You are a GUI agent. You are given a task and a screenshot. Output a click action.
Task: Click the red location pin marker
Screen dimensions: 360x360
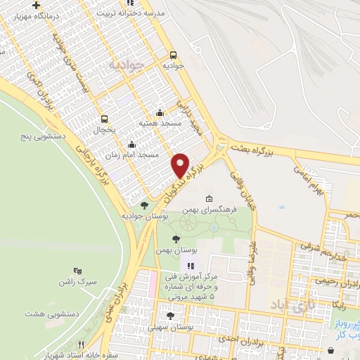pyautogui.click(x=181, y=165)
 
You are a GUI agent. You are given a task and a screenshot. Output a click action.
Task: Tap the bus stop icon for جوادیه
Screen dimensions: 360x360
pyautogui.click(x=173, y=54)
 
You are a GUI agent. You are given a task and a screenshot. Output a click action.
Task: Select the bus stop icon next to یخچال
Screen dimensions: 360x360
pyautogui.click(x=104, y=119)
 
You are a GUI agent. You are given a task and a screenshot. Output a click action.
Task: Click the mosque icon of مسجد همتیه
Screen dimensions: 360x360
pyautogui.click(x=160, y=112)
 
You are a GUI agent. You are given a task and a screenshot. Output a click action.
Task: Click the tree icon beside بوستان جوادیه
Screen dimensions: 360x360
pyautogui.click(x=144, y=205)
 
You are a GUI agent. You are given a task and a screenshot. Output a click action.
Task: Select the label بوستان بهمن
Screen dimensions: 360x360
pyautogui.click(x=198, y=250)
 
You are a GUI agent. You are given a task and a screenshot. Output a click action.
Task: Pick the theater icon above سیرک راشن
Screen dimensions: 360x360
pyautogui.click(x=78, y=270)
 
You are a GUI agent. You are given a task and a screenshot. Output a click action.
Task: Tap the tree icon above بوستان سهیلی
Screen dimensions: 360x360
pyautogui.click(x=171, y=316)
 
